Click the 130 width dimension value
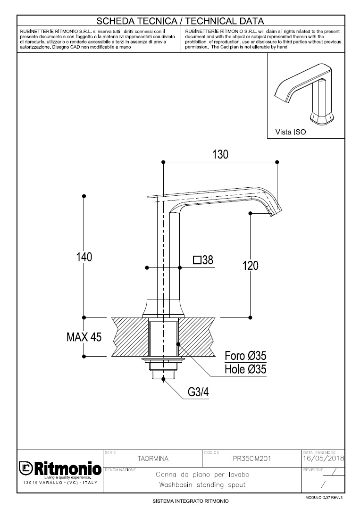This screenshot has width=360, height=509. pos(220,154)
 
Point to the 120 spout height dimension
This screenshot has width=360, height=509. pos(250,266)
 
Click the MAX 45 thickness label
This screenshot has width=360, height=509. pos(84,337)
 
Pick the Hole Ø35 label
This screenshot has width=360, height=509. pos(245,369)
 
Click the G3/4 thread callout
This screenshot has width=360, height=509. pos(198,392)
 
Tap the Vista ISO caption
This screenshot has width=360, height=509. pos(291,133)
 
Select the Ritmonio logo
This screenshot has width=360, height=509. pos(59,469)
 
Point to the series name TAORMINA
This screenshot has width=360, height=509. pos(152,458)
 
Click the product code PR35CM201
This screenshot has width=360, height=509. pos(252,458)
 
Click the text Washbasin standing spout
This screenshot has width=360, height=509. pos(202,485)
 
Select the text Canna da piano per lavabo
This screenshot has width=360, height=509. pos(202,474)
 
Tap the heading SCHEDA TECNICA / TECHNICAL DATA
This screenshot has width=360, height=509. pos(180,21)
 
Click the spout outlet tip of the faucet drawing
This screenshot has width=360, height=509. pos(275,214)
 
